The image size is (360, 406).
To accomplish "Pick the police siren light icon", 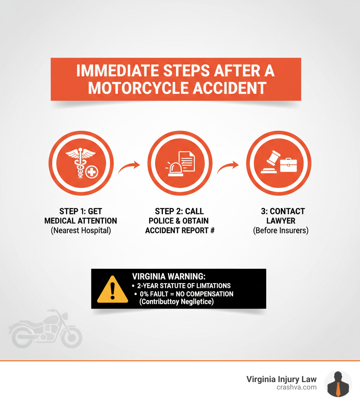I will click(175, 169).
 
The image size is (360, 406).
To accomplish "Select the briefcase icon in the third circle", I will click(288, 165).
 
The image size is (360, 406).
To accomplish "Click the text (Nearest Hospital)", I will click(81, 231).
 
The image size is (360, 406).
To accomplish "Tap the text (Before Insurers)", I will click(281, 231).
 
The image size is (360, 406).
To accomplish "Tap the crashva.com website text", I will click(297, 387).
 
